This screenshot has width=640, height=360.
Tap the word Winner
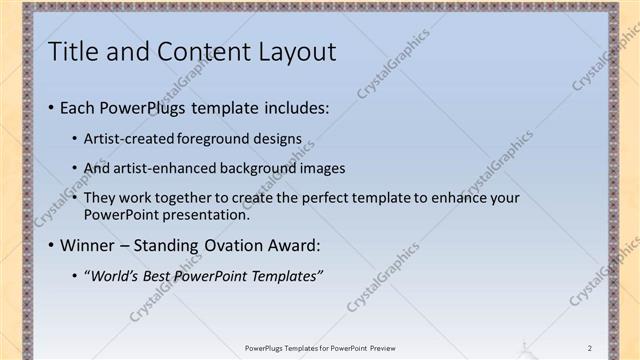(x=88, y=245)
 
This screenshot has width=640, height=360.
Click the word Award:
(x=297, y=245)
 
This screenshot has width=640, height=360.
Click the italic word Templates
(x=287, y=276)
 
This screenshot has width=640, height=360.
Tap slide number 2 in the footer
(x=590, y=348)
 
